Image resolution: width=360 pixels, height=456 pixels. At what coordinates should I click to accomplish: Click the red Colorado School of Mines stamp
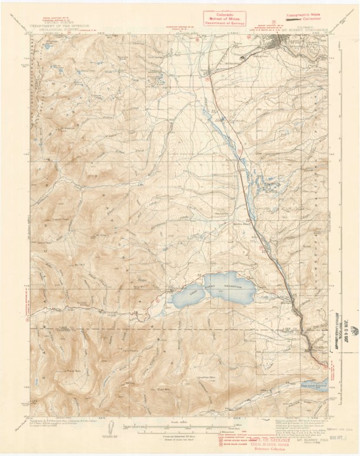click(224, 18)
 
